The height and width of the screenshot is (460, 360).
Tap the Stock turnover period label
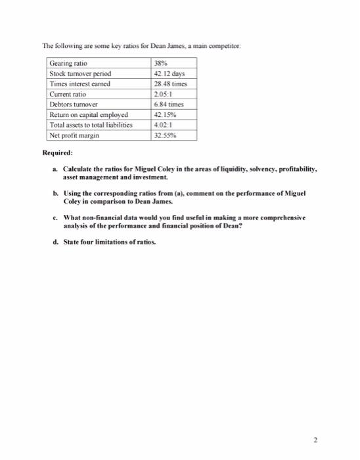pos(78,74)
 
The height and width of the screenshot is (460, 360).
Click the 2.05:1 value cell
pos(160,94)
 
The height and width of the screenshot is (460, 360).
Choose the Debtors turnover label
pos(72,104)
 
